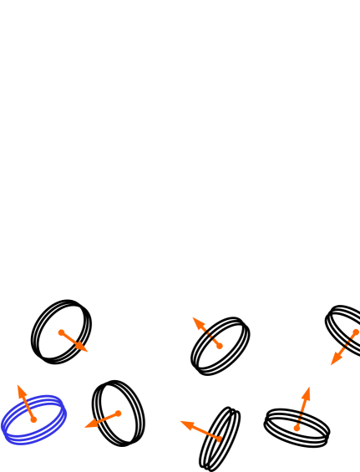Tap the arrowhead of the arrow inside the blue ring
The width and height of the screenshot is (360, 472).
[19, 388]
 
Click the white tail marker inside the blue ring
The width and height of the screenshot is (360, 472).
[36, 423]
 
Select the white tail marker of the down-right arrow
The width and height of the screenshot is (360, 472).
[58, 329]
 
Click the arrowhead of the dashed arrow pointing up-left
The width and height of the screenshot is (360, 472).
[195, 319]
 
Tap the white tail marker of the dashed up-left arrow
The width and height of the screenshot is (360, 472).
[222, 348]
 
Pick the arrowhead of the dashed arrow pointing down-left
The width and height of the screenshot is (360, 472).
[332, 363]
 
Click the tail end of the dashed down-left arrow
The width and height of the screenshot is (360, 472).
[354, 331]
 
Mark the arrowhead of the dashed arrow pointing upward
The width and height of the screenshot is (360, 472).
[308, 388]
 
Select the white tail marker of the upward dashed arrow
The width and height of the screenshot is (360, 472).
[296, 429]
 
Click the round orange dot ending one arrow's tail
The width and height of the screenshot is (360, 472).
[219, 439]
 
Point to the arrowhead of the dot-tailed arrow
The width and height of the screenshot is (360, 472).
[183, 422]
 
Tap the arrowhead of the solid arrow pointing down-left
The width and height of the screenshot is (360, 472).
[87, 426]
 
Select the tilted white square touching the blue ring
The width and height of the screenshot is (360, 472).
[73, 420]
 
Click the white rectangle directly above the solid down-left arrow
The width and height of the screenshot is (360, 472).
[124, 375]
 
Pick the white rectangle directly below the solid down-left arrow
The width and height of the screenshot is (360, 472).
[111, 451]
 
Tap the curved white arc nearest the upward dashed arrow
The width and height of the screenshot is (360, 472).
[267, 408]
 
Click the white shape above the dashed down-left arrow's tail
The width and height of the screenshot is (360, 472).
[334, 302]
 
